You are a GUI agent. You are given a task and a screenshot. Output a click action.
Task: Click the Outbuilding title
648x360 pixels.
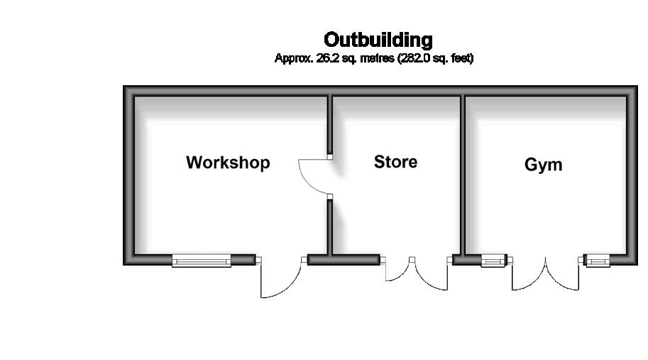pyautogui.click(x=378, y=39)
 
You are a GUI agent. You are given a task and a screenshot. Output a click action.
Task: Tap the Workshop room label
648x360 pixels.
pyautogui.click(x=228, y=163)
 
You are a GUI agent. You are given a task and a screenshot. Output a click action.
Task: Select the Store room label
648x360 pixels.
pyautogui.click(x=395, y=162)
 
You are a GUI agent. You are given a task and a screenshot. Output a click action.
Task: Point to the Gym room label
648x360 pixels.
pyautogui.click(x=543, y=165)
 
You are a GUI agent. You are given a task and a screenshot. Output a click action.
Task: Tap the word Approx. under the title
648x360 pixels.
pyautogui.click(x=291, y=58)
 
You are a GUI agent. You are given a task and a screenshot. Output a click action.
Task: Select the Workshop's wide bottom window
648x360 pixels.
pyautogui.click(x=202, y=261)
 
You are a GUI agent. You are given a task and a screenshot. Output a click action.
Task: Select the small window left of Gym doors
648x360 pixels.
pyautogui.click(x=494, y=261)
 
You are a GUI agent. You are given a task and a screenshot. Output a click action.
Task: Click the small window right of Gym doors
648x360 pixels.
pyautogui.click(x=596, y=261)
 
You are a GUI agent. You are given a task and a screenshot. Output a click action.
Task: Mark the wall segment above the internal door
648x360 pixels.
pyautogui.click(x=330, y=124)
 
